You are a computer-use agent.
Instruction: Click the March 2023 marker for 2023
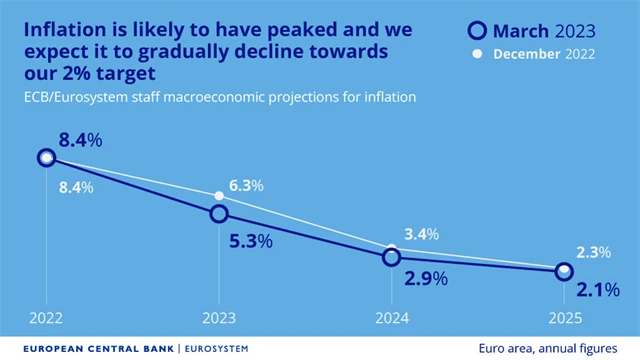pyautogui.click(x=219, y=213)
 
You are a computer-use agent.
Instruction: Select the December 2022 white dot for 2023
pyautogui.click(x=220, y=195)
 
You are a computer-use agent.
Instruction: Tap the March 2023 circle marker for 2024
pyautogui.click(x=392, y=257)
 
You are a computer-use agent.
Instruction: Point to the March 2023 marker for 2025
pyautogui.click(x=564, y=271)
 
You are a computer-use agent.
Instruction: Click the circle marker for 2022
pyautogui.click(x=46, y=157)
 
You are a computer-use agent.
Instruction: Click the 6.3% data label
pyautogui.click(x=245, y=185)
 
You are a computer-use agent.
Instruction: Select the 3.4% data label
pyautogui.click(x=420, y=235)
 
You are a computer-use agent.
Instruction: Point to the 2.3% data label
pyautogui.click(x=591, y=251)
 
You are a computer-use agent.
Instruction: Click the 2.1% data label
pyautogui.click(x=598, y=291)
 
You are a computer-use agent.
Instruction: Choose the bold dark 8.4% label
pyautogui.click(x=80, y=140)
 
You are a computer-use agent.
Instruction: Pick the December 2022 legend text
pyautogui.click(x=546, y=54)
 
